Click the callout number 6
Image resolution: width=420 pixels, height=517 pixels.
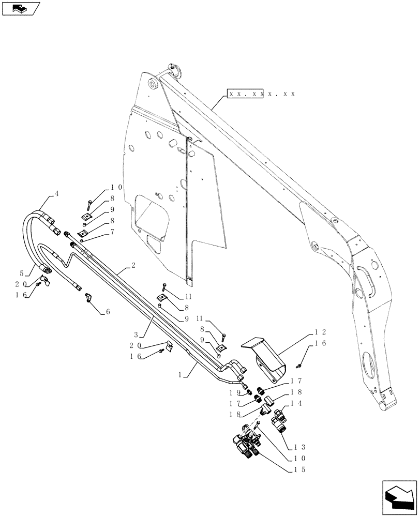pos(108,312)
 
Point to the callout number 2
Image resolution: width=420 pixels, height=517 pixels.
pos(133,265)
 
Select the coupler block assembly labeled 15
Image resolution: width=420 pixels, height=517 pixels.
pos(246,444)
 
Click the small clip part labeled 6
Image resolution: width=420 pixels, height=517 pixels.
pos(88,297)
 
